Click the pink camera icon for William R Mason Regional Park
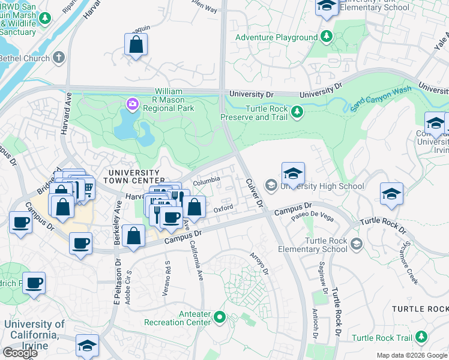(x=131, y=105)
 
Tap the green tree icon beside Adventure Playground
(x=326, y=37)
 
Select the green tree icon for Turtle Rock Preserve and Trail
(x=296, y=112)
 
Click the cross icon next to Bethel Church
(x=58, y=58)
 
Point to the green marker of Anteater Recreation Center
(x=220, y=316)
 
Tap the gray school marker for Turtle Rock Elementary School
(x=357, y=243)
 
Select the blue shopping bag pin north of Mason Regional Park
(x=136, y=45)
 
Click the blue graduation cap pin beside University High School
(x=293, y=174)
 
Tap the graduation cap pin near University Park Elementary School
(x=327, y=6)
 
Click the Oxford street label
(x=223, y=208)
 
